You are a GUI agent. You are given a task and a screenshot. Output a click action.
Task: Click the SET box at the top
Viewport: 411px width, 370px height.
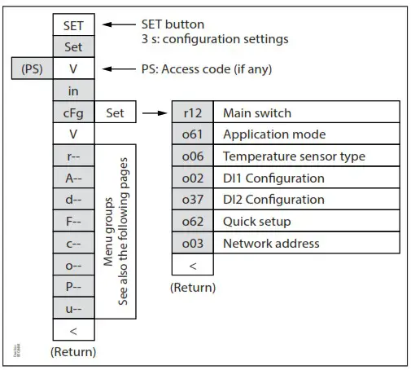(73, 26)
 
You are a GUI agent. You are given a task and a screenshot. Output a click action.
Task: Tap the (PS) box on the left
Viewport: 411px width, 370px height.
(33, 69)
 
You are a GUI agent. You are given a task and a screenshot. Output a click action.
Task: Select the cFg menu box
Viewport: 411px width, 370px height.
(73, 113)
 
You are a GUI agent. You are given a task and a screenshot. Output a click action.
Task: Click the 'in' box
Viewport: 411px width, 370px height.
(73, 91)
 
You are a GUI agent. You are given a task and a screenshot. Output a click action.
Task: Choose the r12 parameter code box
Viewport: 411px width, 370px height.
(193, 113)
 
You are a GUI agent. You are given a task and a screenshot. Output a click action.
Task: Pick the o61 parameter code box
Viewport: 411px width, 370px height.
(193, 134)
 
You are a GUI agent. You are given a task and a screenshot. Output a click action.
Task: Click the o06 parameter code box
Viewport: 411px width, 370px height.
(193, 156)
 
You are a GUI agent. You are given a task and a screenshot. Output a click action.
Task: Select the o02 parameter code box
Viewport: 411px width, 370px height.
(193, 178)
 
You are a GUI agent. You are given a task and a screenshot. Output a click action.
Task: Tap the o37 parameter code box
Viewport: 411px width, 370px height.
(193, 200)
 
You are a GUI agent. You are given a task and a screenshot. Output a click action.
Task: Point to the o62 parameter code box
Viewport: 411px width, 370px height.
(193, 221)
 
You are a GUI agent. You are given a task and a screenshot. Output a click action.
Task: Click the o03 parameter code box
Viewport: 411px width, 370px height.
(193, 243)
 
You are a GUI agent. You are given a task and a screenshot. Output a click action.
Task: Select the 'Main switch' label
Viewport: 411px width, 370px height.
(256, 113)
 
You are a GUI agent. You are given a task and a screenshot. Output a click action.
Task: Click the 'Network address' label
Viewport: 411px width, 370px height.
(271, 243)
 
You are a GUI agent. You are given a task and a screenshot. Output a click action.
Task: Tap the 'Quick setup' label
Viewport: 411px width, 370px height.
(256, 221)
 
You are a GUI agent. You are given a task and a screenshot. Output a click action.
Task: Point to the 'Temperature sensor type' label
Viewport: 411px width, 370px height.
(294, 156)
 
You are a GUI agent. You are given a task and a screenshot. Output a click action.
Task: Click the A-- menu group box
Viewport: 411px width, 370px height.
(73, 178)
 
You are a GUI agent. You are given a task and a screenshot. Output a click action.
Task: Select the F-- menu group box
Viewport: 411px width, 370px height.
(73, 221)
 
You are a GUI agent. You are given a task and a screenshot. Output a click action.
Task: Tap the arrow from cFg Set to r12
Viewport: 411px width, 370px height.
(154, 113)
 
